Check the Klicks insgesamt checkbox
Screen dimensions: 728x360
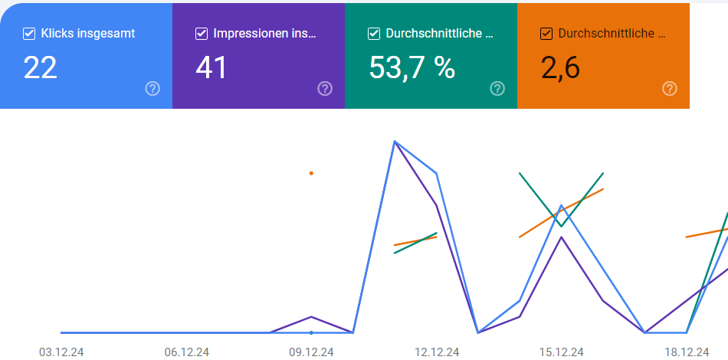point(29,34)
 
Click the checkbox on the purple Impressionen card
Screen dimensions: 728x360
point(202,34)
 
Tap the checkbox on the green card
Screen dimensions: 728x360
point(374,34)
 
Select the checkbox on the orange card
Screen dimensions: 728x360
point(546,34)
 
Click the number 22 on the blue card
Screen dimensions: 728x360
point(41,68)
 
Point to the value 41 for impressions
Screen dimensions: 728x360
point(212,68)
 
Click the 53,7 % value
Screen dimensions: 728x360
point(412,68)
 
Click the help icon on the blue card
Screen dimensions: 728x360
point(152,88)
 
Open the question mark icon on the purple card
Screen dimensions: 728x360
point(325,88)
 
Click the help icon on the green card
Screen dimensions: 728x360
point(497,88)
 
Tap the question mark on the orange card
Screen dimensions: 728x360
point(670,88)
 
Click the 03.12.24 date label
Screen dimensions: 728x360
point(61,352)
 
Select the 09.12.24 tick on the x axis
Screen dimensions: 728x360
point(311,352)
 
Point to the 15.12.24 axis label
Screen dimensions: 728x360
point(561,352)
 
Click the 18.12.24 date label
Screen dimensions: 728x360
point(687,352)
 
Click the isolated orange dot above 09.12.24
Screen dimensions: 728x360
point(311,173)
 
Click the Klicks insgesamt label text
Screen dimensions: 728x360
point(88,34)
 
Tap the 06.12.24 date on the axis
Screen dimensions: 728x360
point(187,352)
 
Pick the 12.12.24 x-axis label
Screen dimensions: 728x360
point(437,352)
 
